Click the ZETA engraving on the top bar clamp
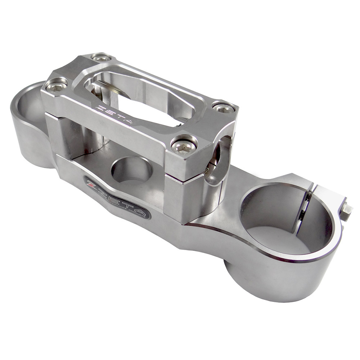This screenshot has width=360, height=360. (116, 114)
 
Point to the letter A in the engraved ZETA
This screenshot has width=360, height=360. (129, 121)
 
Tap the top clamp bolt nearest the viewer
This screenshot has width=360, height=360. (184, 145)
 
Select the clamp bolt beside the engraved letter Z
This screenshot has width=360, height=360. (57, 85)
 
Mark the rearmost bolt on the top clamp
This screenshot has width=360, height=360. (101, 58)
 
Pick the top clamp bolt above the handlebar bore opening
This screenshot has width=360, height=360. (223, 107)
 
